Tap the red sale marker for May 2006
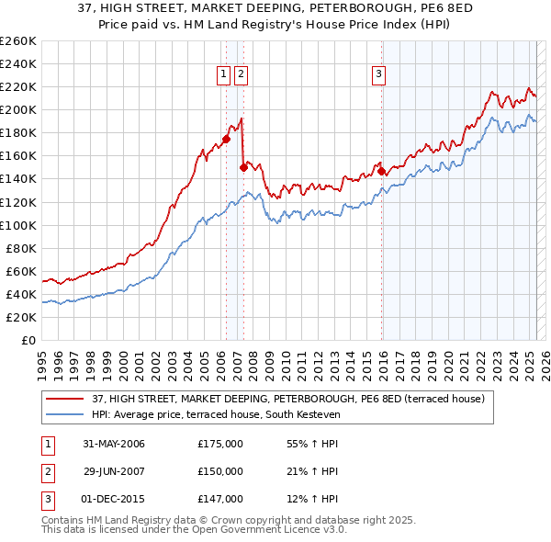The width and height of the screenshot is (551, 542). (226, 139)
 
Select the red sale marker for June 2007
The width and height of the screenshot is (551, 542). (243, 167)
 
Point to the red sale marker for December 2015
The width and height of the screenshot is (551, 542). (381, 171)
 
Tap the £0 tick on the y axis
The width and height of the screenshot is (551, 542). (28, 340)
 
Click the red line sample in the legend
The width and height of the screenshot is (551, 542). (66, 398)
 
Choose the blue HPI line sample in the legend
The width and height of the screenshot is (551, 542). (66, 414)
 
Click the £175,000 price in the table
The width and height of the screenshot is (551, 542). (220, 444)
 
